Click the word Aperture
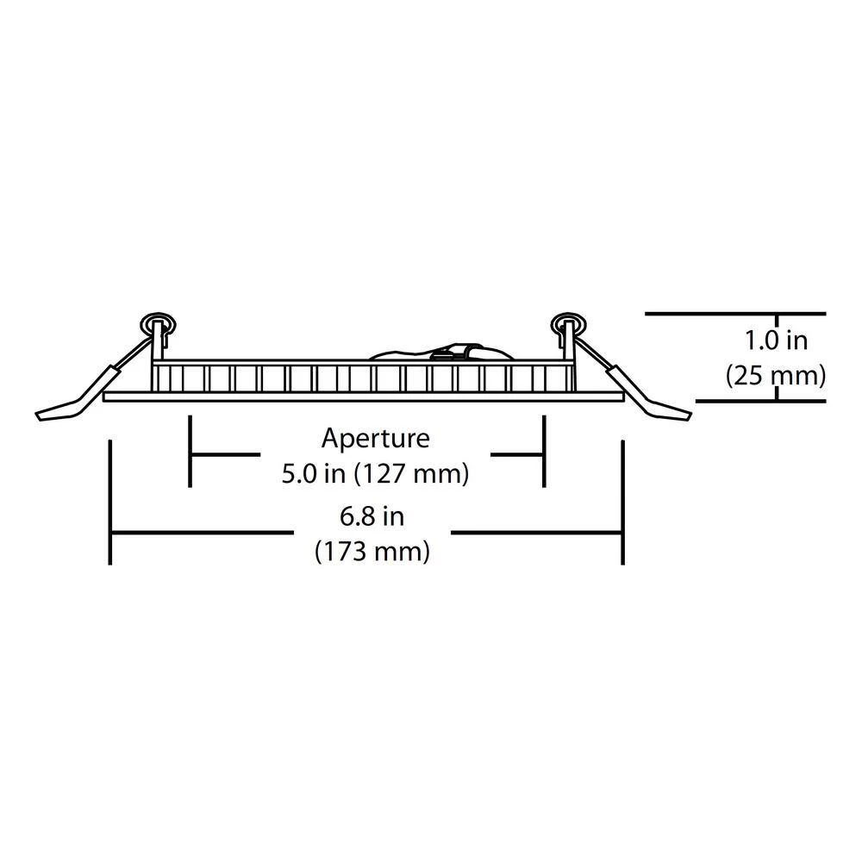tap(376, 439)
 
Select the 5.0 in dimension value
tap(314, 473)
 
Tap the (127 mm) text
tap(412, 474)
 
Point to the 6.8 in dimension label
tap(372, 516)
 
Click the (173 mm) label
tap(372, 551)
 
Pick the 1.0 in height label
tap(776, 340)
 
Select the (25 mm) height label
tap(776, 376)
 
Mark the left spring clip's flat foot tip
tap(37, 416)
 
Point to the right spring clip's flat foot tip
tap(690, 416)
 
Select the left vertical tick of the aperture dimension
tap(191, 452)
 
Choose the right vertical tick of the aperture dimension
tap(544, 452)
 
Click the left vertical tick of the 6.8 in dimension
tap(110, 502)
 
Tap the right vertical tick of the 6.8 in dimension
tap(623, 502)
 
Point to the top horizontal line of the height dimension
tap(735, 314)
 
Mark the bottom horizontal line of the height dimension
tap(761, 401)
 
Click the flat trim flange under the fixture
tap(363, 397)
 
